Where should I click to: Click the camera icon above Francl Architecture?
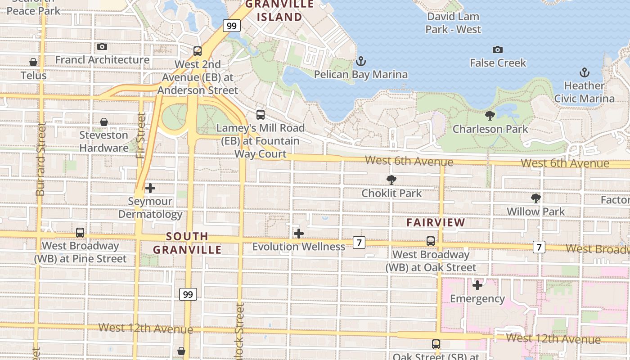click(x=102, y=46)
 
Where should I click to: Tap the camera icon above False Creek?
click(x=497, y=49)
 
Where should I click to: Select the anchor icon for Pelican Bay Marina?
click(x=360, y=61)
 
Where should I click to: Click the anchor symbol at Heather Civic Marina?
click(x=584, y=72)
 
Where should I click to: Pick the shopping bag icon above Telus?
click(x=33, y=62)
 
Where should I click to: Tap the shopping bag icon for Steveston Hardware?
click(x=104, y=122)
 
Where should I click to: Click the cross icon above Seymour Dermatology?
click(x=150, y=188)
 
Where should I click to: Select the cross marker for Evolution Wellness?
click(x=298, y=234)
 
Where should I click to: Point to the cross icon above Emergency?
click(x=477, y=285)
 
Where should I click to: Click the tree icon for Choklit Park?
click(x=391, y=180)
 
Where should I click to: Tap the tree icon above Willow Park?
click(x=535, y=198)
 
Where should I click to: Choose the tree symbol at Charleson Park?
click(x=490, y=116)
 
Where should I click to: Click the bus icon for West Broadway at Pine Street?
click(x=80, y=233)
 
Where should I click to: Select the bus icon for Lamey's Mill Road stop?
click(x=260, y=114)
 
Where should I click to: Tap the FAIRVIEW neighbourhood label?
click(x=436, y=222)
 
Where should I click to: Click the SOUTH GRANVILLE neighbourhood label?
click(x=187, y=243)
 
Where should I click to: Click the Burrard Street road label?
click(x=40, y=160)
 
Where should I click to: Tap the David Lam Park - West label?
click(x=453, y=23)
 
